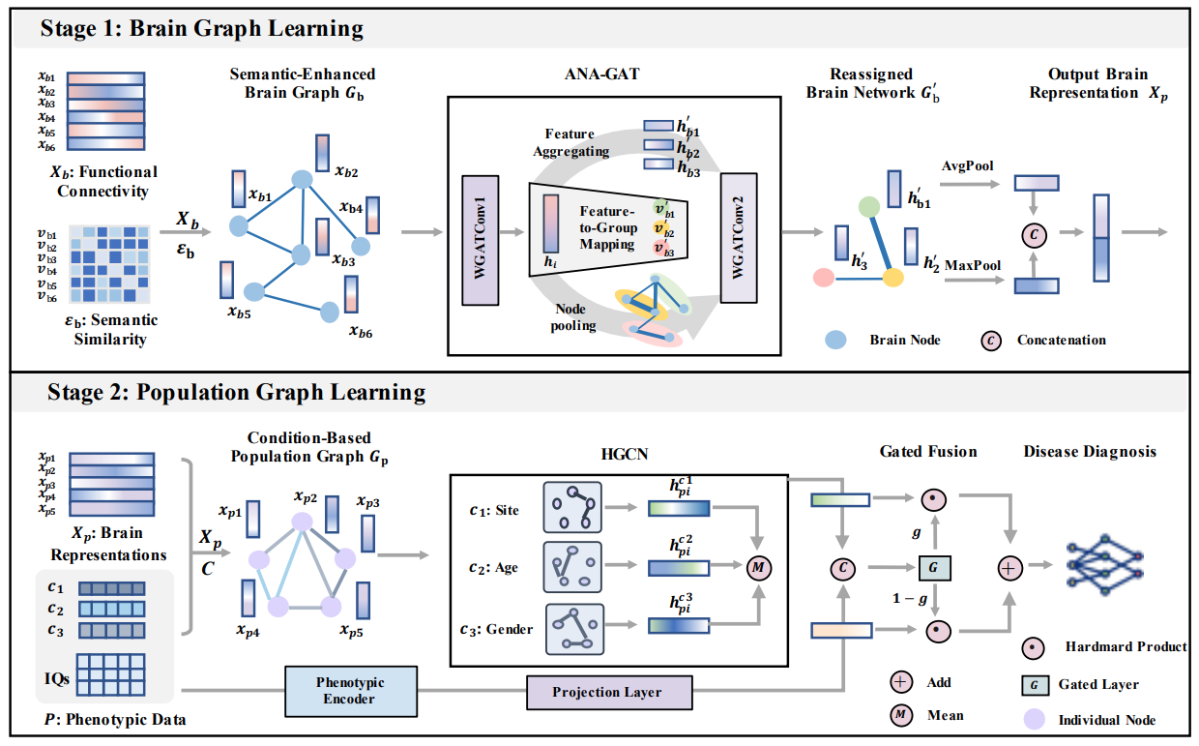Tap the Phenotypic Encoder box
click(x=351, y=691)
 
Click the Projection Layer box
click(x=608, y=693)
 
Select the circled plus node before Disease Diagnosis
click(x=1009, y=568)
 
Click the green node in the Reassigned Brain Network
click(x=869, y=205)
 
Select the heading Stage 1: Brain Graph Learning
click(x=202, y=28)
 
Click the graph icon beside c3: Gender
click(x=574, y=628)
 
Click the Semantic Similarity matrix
click(x=115, y=265)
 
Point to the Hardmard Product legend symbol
click(x=1034, y=646)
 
